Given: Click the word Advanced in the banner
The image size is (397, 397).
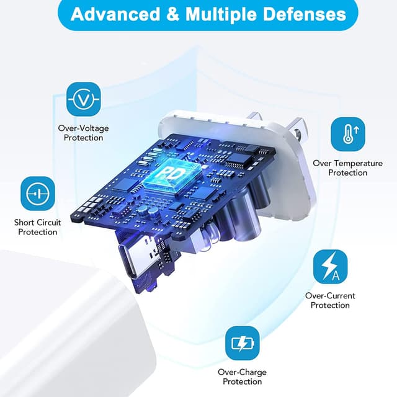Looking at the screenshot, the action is (x=115, y=14).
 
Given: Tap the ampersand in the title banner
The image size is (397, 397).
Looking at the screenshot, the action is (x=173, y=14).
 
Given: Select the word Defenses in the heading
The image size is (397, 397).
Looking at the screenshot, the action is (x=305, y=14).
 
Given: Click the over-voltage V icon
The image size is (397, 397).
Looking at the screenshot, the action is (x=84, y=99).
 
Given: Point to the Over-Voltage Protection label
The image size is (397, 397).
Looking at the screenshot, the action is (x=83, y=133).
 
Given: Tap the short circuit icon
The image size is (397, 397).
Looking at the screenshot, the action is (x=38, y=194).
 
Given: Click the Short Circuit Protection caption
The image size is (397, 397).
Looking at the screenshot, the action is (x=37, y=227).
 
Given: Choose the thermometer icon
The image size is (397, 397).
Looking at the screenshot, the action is (x=348, y=134).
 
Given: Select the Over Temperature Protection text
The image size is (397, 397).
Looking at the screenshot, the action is (x=347, y=168).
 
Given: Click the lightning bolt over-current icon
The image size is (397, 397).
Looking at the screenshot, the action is (x=331, y=267).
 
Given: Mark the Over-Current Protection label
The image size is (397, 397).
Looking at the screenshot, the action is (x=330, y=300).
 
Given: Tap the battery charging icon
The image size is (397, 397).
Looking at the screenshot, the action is (x=243, y=343).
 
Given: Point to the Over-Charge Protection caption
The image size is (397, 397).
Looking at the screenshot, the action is (x=242, y=377).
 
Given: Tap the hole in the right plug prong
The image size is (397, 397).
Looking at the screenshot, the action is (x=297, y=132).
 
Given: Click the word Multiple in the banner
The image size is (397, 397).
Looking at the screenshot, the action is (x=221, y=14).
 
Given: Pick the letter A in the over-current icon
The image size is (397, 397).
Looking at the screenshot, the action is (x=336, y=275).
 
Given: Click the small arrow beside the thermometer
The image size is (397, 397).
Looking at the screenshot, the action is (x=357, y=130).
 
